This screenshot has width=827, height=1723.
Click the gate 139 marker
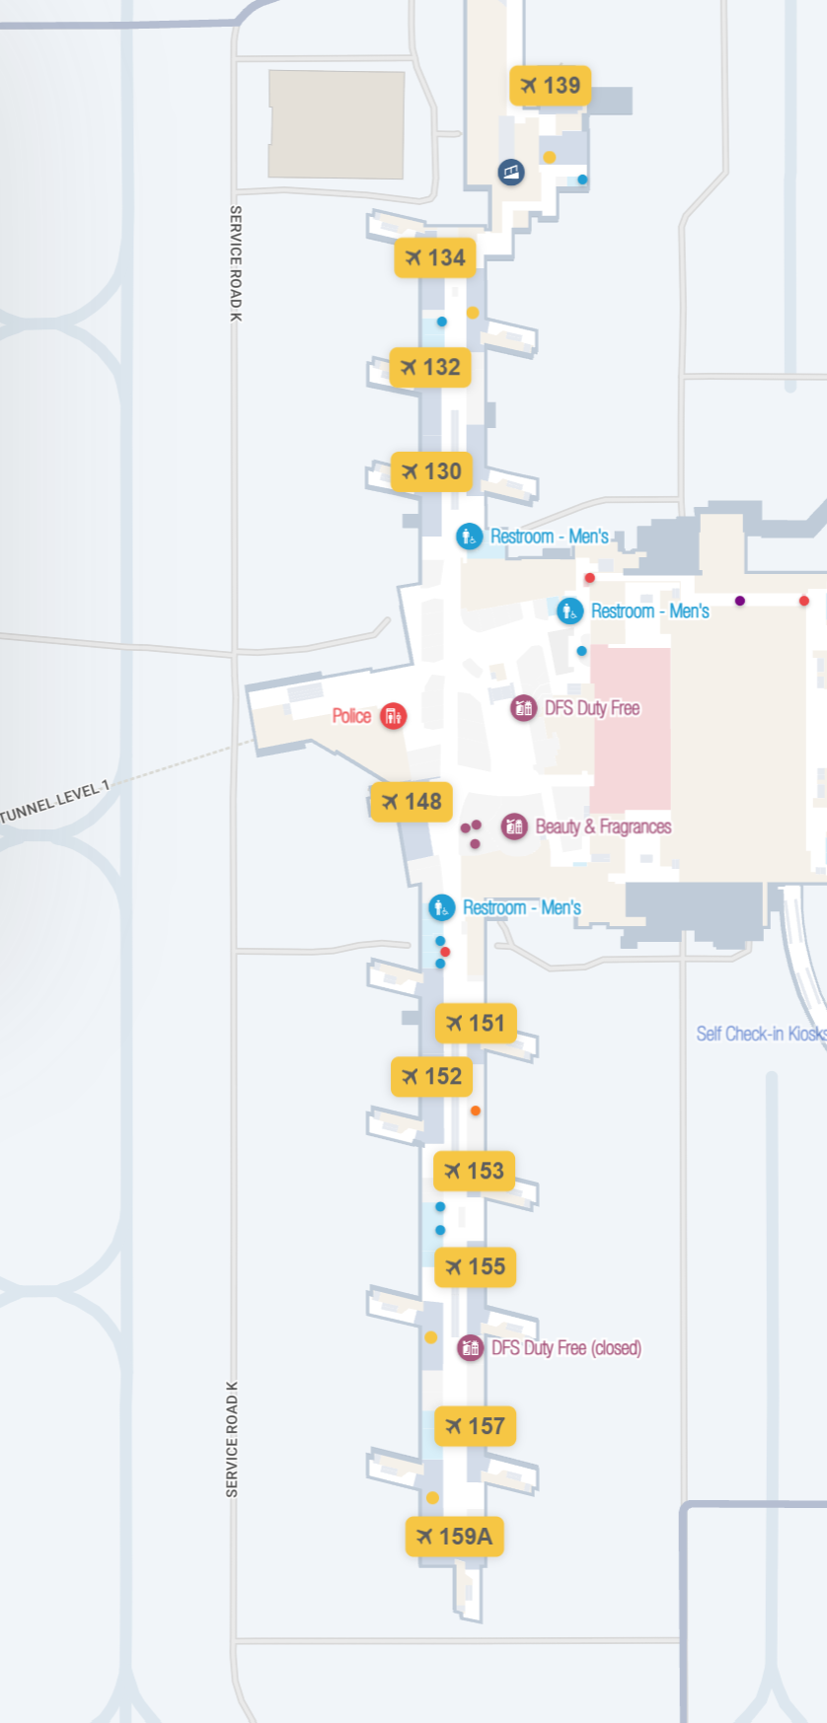[x=550, y=86]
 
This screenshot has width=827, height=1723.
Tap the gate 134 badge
[x=435, y=257]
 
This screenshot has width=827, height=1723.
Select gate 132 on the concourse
[x=430, y=367]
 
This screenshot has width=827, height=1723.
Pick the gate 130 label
[x=431, y=471]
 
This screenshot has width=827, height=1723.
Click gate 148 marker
[x=412, y=802]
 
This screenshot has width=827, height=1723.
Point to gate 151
[x=475, y=1024]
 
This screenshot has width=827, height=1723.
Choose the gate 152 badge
[x=431, y=1076]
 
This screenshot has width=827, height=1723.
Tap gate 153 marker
[x=474, y=1171]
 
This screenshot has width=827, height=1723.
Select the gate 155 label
[x=475, y=1266]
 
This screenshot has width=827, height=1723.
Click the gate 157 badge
[x=475, y=1426]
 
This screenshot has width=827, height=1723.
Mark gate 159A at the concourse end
[x=454, y=1537]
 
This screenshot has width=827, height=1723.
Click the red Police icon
[x=393, y=716]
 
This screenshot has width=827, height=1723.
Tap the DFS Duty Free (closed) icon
[x=470, y=1347]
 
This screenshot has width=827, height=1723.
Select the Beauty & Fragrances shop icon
[x=514, y=826]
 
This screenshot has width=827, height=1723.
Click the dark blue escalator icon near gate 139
[x=510, y=173]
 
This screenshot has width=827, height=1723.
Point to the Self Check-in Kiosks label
[x=761, y=1034]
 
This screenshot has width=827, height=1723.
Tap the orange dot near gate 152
[x=476, y=1111]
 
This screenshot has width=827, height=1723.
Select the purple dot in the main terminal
[x=740, y=601]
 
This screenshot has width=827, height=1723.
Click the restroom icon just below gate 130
[x=469, y=537]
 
